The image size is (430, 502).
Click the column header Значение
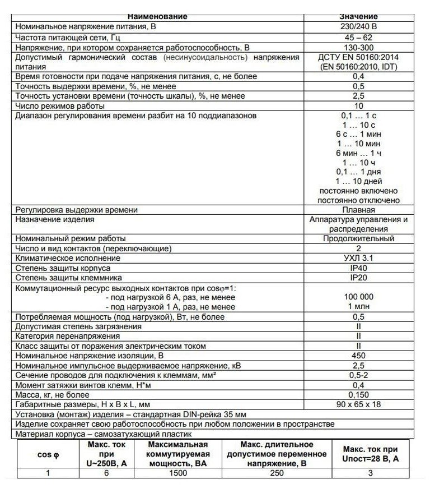(358, 16)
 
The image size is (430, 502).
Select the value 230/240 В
(358, 26)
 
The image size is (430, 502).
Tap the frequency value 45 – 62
(358, 37)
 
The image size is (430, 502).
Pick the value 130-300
(358, 47)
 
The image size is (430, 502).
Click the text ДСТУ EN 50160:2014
(358, 57)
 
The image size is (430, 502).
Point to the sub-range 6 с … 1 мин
(358, 134)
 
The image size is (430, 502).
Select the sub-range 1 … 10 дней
(358, 181)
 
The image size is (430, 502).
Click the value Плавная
(358, 210)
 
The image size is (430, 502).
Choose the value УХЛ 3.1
(358, 258)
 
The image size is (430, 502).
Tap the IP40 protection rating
(358, 268)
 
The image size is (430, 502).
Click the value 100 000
(358, 297)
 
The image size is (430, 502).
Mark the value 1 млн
(358, 307)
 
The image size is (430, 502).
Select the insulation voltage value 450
(358, 355)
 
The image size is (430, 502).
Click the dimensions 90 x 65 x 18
(358, 404)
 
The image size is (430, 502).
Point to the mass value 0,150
(358, 394)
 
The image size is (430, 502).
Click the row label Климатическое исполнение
(68, 258)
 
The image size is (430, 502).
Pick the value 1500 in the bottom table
(179, 473)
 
